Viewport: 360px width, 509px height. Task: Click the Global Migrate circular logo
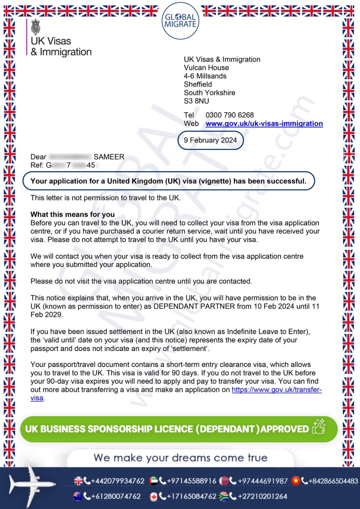pos(180,21)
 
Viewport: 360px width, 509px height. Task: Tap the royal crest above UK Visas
pos(36,27)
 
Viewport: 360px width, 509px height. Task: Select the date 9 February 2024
pos(210,140)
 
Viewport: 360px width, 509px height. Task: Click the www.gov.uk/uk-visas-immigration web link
pos(264,124)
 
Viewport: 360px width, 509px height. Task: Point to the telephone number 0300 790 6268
pos(229,115)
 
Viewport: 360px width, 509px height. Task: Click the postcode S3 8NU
pos(196,101)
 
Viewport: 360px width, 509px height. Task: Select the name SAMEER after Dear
pos(109,157)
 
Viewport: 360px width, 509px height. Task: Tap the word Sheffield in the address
pos(198,84)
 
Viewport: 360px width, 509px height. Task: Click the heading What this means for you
pos(73,214)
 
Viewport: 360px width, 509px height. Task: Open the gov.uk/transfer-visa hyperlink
pos(276,390)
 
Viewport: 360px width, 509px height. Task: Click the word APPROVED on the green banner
pos(285,429)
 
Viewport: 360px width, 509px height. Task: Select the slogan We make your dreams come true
pos(180,458)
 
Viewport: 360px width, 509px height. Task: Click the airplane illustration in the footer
pos(30,484)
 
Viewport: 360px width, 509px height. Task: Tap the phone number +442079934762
pos(117,481)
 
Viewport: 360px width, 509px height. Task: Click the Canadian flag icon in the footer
pos(154,497)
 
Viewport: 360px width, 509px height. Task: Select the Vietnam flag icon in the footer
pos(296,481)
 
